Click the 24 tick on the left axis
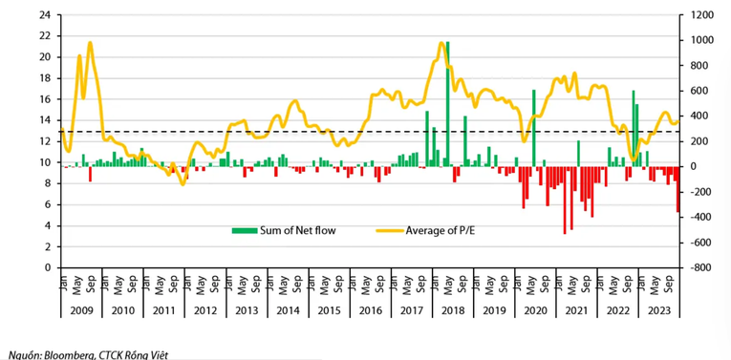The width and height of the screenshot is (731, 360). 44,15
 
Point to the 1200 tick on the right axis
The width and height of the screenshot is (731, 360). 699,15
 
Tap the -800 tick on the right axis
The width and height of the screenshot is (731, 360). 698,268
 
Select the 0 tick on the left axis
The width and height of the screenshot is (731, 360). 47,268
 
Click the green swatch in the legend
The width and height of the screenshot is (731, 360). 245,230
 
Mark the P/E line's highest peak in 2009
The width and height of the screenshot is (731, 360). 90,43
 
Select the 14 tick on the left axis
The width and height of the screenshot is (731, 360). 44,120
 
